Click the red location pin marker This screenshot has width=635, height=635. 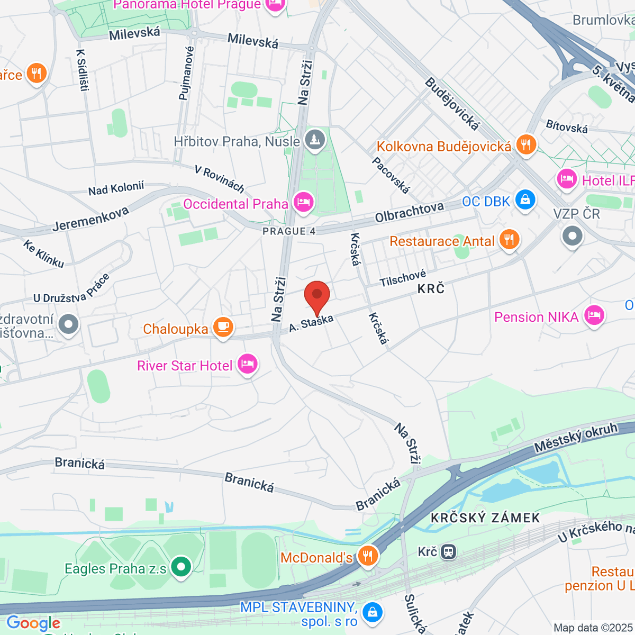[317, 295]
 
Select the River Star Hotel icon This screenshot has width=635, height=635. [247, 364]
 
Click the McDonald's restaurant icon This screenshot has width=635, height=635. [367, 556]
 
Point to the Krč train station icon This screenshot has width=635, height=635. [448, 552]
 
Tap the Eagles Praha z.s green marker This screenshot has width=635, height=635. [181, 567]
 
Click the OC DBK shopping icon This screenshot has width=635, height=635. [525, 200]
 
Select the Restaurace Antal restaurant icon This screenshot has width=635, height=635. [509, 239]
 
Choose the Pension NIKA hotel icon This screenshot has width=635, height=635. [594, 316]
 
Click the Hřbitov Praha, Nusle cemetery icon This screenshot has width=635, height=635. [315, 140]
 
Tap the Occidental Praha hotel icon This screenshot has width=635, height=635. [303, 202]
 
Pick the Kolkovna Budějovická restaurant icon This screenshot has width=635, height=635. [525, 144]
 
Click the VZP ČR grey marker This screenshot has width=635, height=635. [572, 235]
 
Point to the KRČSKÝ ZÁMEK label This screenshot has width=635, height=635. [485, 518]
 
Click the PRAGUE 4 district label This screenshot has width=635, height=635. [289, 231]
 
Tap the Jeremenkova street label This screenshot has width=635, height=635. [90, 219]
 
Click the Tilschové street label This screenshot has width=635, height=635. [403, 278]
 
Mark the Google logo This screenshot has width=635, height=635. [33, 623]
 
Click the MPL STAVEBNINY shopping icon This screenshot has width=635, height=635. [373, 612]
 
